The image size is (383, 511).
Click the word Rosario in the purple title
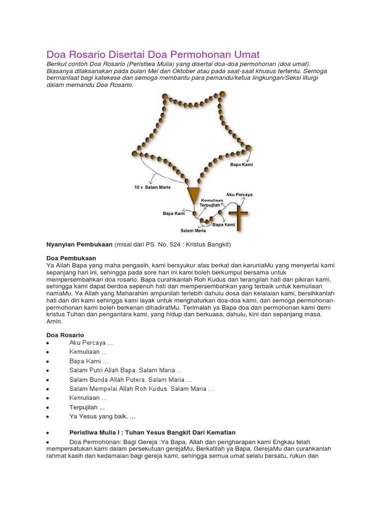point(90,54)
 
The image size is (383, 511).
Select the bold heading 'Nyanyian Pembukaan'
point(79,245)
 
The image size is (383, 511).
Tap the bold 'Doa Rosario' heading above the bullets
point(65,334)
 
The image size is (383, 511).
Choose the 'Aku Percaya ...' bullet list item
point(91,343)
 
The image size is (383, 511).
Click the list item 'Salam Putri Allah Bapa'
point(126,371)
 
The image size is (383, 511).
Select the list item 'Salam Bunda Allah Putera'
point(130,380)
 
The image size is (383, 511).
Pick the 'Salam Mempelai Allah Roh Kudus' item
point(142,389)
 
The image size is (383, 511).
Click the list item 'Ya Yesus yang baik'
point(103,416)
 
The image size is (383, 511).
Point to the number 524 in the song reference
point(166,245)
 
